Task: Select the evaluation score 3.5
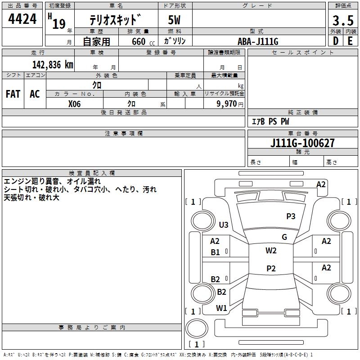[342, 21]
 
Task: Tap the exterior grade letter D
[335, 40]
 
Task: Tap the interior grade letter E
[350, 40]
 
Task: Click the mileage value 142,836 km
[53, 64]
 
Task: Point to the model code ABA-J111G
[258, 41]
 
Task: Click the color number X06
[75, 103]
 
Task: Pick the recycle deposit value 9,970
[227, 104]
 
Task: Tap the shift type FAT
[13, 94]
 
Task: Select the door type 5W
[175, 21]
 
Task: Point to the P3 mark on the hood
[291, 216]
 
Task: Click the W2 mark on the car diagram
[271, 251]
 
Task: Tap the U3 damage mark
[224, 225]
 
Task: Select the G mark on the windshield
[284, 237]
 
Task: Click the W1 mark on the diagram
[221, 308]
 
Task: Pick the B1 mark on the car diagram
[216, 252]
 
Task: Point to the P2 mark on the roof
[271, 269]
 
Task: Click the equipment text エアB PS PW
[270, 121]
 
